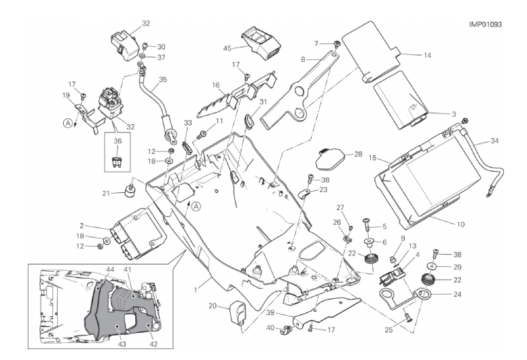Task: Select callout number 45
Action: (228, 48)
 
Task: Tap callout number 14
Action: (426, 55)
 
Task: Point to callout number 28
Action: (359, 154)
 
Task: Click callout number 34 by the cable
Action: (494, 141)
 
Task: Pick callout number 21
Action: (106, 194)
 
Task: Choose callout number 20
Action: (212, 306)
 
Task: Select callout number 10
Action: (460, 223)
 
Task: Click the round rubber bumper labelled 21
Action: (128, 189)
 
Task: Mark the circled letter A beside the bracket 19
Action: (67, 123)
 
